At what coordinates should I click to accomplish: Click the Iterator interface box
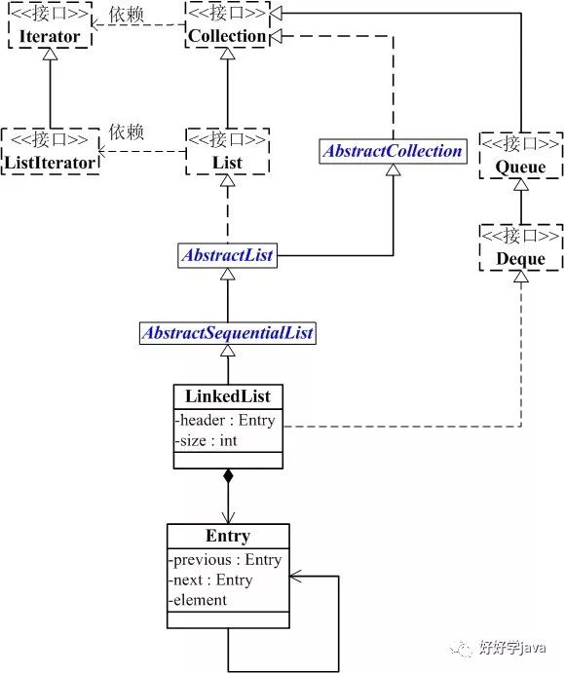[x=51, y=25]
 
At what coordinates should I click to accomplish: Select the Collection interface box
[x=227, y=24]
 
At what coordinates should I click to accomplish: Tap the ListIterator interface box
[x=51, y=151]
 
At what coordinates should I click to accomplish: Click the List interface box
[x=228, y=151]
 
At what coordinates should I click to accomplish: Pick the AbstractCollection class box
[x=393, y=151]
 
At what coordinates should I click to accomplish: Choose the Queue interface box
[x=520, y=155]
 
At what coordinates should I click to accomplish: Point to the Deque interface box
[x=520, y=247]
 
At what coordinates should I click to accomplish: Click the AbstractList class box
[x=228, y=255]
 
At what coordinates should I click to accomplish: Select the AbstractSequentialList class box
[x=228, y=333]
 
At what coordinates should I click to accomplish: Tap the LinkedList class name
[x=228, y=396]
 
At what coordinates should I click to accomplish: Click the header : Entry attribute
[x=225, y=420]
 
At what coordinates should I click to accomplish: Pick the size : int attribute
[x=207, y=441]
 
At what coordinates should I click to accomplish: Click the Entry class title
[x=228, y=536]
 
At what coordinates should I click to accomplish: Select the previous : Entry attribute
[x=225, y=560]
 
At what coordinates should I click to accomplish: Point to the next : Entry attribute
[x=210, y=580]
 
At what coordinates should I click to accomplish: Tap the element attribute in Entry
[x=198, y=600]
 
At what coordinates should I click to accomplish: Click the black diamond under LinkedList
[x=228, y=476]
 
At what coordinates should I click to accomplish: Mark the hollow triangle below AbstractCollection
[x=394, y=170]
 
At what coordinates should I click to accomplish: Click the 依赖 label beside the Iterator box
[x=126, y=15]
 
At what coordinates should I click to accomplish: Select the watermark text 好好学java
[x=512, y=647]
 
